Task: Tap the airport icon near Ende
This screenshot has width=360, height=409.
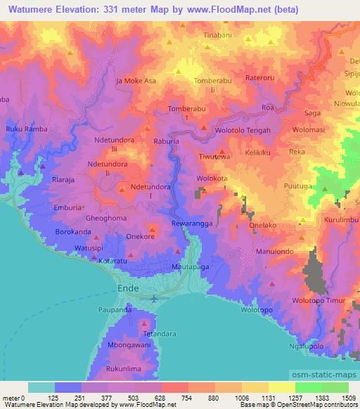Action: click(x=154, y=298)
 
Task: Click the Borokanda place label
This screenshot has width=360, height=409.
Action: click(x=74, y=231)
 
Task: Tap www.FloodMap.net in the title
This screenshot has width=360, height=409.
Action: click(x=224, y=10)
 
